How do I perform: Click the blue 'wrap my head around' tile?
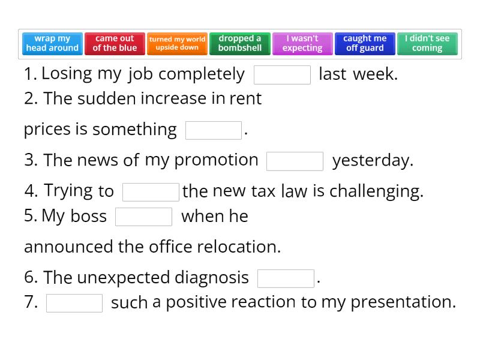coord(52,43)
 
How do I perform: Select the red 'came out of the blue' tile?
coord(115,43)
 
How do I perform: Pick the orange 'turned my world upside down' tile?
coord(177,43)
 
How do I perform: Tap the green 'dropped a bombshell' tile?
coord(239,43)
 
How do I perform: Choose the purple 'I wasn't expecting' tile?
coord(302,43)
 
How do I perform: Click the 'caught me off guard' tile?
coord(365,43)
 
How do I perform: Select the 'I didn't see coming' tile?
coord(427,43)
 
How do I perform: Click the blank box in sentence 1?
coord(282,75)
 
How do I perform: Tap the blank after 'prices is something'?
coord(214,130)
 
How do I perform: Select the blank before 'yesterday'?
coord(295,161)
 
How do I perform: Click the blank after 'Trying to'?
coord(151,192)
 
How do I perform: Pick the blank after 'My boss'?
coord(143,217)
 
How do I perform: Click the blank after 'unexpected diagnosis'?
coord(286,278)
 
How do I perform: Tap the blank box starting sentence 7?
coord(74,303)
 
